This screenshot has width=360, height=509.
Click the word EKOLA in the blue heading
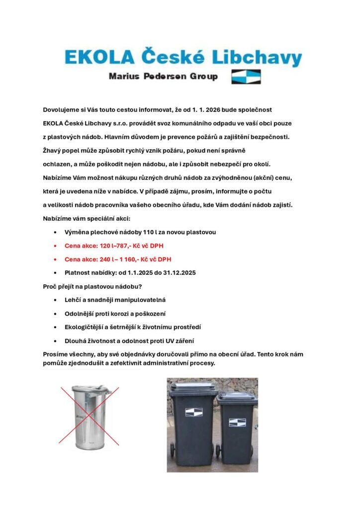click(x=98, y=58)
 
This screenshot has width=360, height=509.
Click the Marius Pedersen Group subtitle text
click(x=163, y=77)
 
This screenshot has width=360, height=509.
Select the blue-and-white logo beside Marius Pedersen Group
click(x=246, y=77)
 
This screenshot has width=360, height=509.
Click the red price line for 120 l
click(x=117, y=246)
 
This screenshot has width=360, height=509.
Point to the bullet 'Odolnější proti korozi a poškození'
click(x=115, y=314)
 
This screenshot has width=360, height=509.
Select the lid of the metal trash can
click(x=90, y=388)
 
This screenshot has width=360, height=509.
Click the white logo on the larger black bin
click(x=193, y=412)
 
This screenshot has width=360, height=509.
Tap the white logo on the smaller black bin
click(x=237, y=422)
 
